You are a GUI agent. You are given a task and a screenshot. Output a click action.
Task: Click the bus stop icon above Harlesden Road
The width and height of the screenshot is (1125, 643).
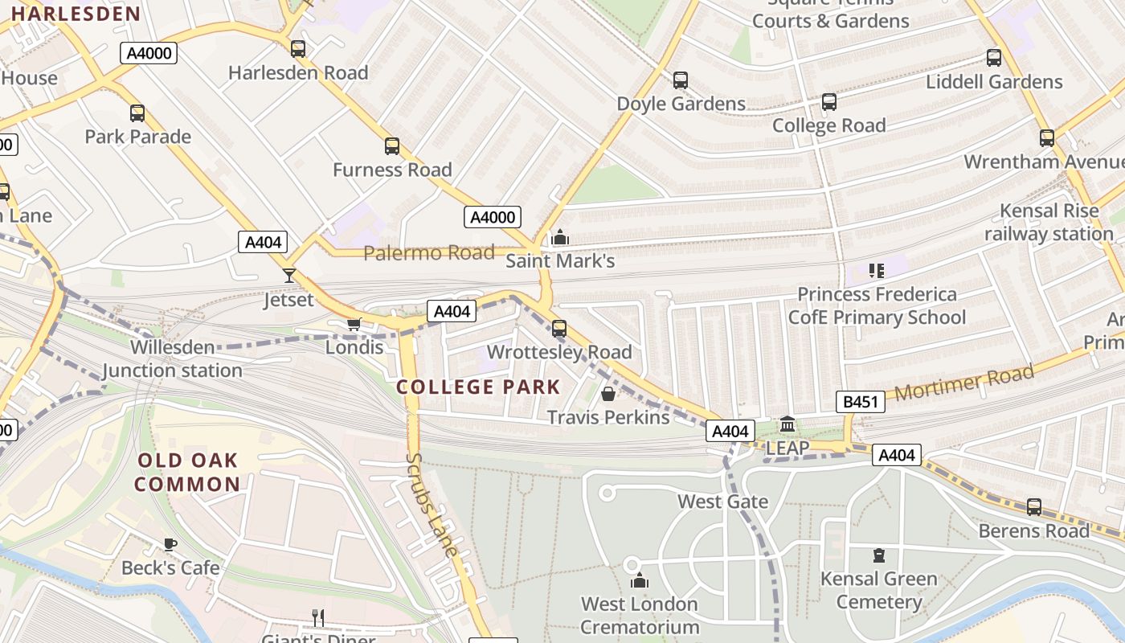[298, 49]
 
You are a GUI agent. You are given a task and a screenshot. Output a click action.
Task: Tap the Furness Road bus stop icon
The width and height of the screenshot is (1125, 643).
[392, 146]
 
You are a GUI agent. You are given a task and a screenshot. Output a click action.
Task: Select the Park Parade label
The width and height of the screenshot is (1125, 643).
[138, 137]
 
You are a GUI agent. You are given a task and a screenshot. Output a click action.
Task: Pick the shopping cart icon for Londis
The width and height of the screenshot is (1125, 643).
[354, 324]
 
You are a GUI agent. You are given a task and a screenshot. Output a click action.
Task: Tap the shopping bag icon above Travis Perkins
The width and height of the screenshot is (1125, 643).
[608, 394]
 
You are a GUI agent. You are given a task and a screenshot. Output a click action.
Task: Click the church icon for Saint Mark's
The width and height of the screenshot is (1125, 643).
[560, 237]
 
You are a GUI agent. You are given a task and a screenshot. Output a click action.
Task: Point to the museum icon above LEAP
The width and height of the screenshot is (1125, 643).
[787, 424]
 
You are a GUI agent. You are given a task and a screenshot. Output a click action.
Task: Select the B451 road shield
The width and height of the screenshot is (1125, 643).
[860, 402]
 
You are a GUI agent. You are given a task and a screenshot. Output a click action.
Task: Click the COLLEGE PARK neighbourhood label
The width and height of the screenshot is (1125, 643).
[478, 387]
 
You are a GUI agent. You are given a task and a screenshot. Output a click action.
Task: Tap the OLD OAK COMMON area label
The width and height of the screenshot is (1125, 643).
[187, 472]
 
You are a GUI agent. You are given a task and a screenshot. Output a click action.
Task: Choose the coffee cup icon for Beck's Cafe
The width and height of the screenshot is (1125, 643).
[170, 544]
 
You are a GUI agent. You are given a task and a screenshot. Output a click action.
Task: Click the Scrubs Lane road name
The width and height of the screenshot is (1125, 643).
[432, 505]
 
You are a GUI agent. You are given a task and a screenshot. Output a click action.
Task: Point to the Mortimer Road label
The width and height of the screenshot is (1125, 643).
[964, 383]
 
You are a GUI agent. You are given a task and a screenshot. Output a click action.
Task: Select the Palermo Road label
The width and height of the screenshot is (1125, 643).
[429, 253]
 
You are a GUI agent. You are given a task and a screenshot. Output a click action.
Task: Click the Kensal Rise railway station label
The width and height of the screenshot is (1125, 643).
[1049, 223]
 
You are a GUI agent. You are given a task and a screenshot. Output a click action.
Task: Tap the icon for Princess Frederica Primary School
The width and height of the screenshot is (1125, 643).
[877, 271]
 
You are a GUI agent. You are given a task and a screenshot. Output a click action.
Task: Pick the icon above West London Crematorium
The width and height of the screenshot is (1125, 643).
[640, 580]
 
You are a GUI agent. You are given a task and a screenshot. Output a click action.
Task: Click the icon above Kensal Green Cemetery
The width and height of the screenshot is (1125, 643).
[879, 555]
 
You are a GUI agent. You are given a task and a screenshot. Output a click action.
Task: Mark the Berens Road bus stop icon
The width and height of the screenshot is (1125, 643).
[1034, 507]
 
